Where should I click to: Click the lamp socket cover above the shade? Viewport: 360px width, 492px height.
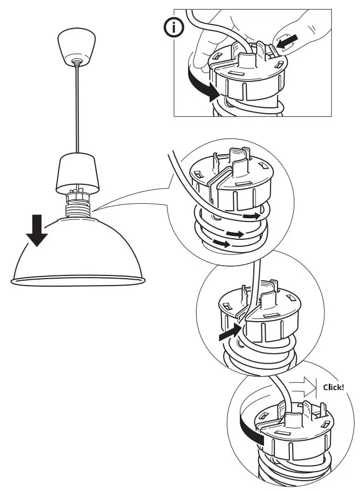(x=79, y=172)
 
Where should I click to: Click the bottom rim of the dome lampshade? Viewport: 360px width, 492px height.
(x=78, y=280)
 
